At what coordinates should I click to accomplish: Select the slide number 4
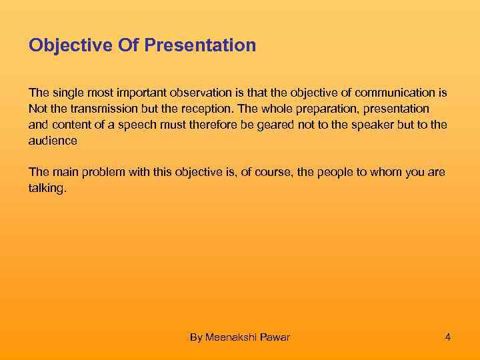[x=448, y=337]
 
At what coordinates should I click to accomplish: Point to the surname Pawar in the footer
[x=275, y=337]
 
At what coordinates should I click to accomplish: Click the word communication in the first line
[x=400, y=92]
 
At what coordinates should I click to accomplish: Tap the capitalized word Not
[x=37, y=108]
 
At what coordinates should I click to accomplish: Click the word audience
[x=53, y=141]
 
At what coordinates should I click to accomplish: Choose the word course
[x=265, y=173]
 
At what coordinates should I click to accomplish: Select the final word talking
[x=47, y=189]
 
